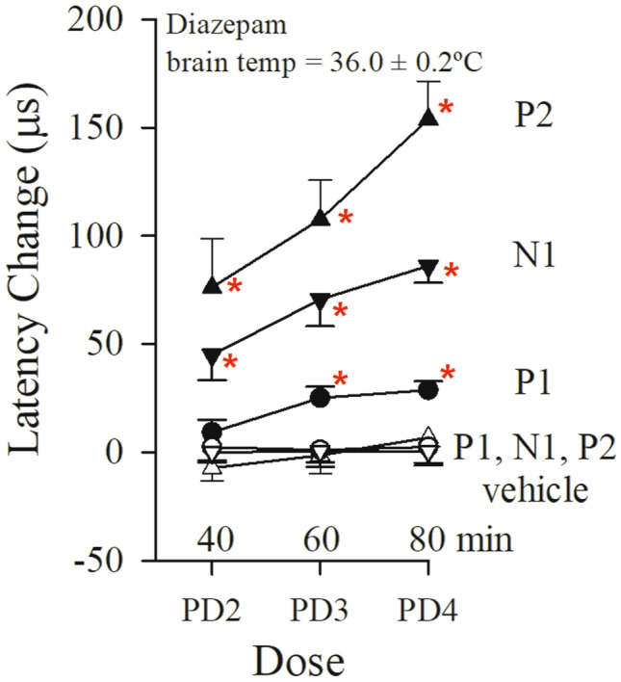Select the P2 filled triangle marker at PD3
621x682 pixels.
point(321,218)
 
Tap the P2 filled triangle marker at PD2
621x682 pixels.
point(213,285)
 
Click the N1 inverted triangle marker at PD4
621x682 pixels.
point(428,269)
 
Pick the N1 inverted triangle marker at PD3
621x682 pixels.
point(321,302)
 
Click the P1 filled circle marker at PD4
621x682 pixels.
point(428,390)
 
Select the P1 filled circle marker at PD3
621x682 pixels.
point(321,397)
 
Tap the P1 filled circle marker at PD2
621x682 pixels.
point(213,431)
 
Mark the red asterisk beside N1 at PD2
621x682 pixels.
point(230,363)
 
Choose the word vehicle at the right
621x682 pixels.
point(533,489)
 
